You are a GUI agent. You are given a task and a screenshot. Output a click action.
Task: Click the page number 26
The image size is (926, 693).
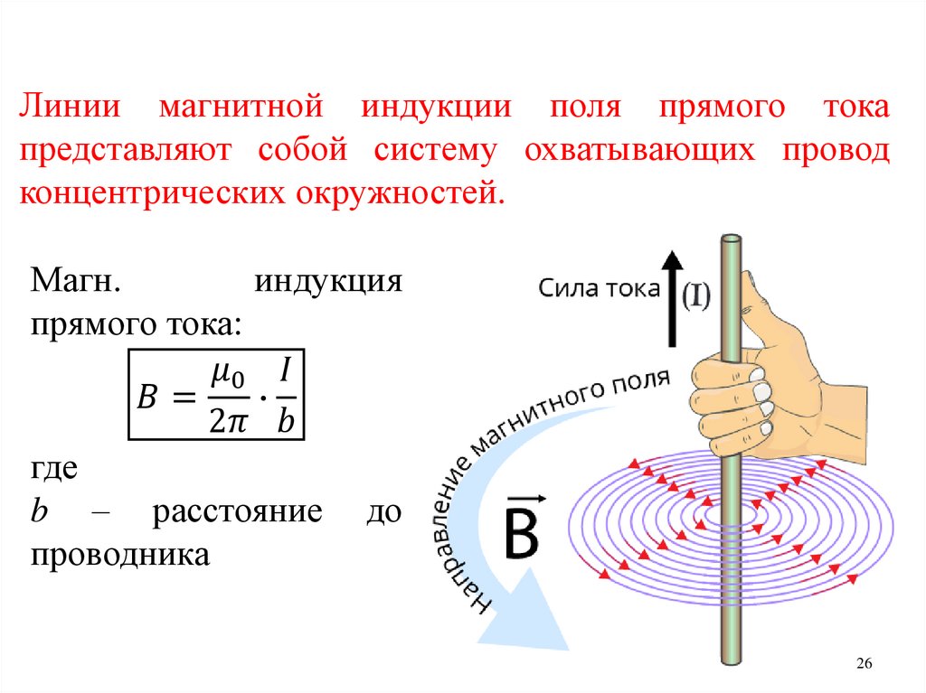pos(863,664)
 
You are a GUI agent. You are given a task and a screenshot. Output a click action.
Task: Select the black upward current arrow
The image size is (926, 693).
pos(671,298)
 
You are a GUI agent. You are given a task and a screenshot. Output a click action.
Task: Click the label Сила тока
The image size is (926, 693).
pos(598,289)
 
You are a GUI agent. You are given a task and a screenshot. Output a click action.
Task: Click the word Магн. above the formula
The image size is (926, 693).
pos(76,280)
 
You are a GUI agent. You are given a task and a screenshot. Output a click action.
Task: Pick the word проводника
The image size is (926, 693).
pos(120,553)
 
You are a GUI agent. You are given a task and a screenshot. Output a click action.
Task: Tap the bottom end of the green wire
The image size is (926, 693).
pos(730,658)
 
